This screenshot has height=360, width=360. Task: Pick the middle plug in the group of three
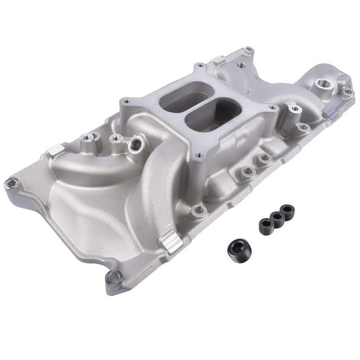(276, 219)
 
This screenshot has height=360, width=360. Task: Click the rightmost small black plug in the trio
(287, 211)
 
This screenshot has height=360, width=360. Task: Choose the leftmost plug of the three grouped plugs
(264, 226)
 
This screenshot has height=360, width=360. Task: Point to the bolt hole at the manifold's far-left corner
(11, 183)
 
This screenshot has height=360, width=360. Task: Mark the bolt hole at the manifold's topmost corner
(249, 51)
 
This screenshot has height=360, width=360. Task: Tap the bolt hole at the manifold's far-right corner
(347, 92)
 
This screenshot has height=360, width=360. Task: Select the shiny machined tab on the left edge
(54, 151)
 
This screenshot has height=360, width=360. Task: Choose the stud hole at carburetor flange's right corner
(272, 109)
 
